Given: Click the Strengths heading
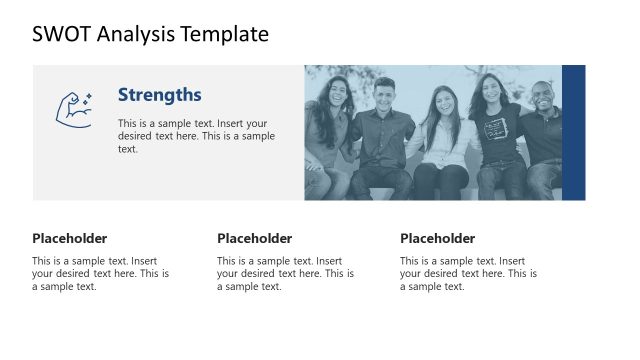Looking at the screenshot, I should [159, 95].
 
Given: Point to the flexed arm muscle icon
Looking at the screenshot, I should [72, 109].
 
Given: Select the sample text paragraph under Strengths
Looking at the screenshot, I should [196, 136].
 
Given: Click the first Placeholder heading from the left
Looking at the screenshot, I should [69, 238].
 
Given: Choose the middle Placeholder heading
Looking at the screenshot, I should [254, 238].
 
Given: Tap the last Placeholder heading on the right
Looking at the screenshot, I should [437, 238].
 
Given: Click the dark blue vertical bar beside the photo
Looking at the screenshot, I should [573, 132].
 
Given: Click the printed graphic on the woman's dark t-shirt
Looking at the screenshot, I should [497, 127].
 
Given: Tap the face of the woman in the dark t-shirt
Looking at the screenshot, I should [489, 91].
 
